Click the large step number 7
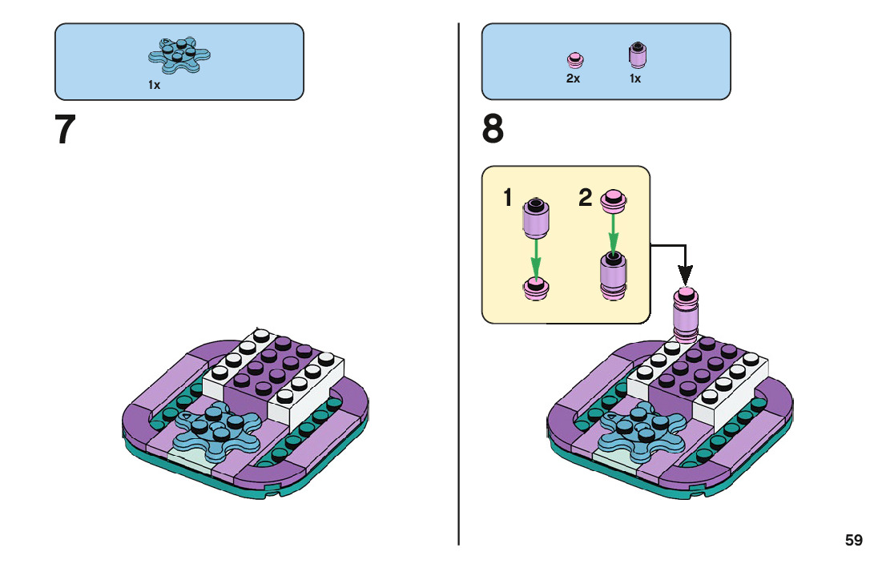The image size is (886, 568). pyautogui.click(x=65, y=130)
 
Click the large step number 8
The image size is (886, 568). pyautogui.click(x=493, y=129)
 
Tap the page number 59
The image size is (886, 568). pyautogui.click(x=854, y=540)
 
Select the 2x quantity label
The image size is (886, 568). pyautogui.click(x=573, y=79)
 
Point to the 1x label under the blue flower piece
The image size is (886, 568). pyautogui.click(x=155, y=85)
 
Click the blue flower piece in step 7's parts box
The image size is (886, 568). pyautogui.click(x=179, y=54)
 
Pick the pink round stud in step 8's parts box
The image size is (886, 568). pyautogui.click(x=575, y=59)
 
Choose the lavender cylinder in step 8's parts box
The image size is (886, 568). pyautogui.click(x=638, y=54)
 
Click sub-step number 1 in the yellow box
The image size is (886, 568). pyautogui.click(x=507, y=198)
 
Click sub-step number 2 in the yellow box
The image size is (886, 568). pyautogui.click(x=586, y=197)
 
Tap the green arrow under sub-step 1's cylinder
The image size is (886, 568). pyautogui.click(x=536, y=259)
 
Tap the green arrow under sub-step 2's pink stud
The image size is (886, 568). pyautogui.click(x=613, y=232)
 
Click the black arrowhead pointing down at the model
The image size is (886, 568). pyautogui.click(x=685, y=276)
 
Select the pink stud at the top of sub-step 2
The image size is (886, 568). pyautogui.click(x=613, y=200)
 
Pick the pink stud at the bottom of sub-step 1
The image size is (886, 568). pyautogui.click(x=536, y=288)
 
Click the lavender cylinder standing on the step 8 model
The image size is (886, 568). pyautogui.click(x=686, y=315)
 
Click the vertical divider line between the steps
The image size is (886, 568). pyautogui.click(x=458, y=284)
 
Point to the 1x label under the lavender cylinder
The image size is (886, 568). pyautogui.click(x=635, y=79)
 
